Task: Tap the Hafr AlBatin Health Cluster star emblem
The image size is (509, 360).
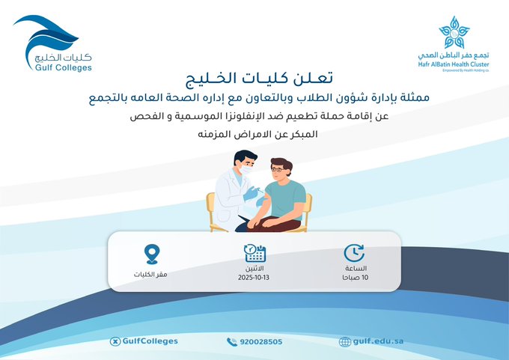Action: [x=454, y=32]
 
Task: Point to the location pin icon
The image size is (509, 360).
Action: [x=153, y=254]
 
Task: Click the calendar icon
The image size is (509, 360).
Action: [x=255, y=253]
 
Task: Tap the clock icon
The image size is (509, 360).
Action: [x=354, y=253]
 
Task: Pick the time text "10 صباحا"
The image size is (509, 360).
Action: [x=355, y=278]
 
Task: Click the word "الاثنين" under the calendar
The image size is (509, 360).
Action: [x=255, y=268]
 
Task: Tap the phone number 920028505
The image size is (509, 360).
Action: [x=260, y=341]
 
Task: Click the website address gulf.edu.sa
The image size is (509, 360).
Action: [x=378, y=341]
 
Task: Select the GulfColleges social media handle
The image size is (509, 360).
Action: [x=149, y=341]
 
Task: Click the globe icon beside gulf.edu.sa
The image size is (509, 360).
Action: [x=344, y=341]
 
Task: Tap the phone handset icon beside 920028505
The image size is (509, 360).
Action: [x=231, y=341]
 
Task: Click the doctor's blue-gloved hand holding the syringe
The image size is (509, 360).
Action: [x=251, y=194]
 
